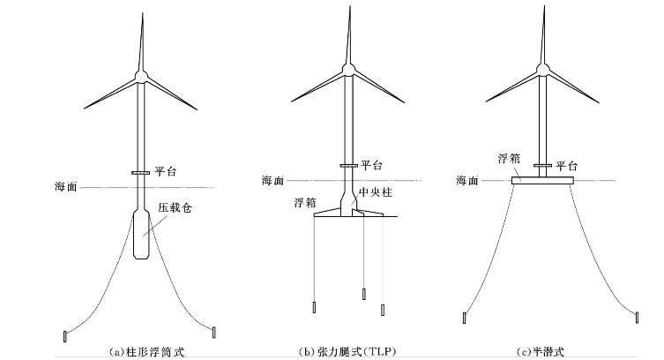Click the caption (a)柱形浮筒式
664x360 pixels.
click(139, 351)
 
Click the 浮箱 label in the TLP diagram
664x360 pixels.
click(303, 202)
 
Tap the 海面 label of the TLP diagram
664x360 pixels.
click(273, 181)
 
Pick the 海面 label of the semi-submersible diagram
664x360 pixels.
click(467, 180)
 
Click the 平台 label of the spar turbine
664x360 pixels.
click(165, 172)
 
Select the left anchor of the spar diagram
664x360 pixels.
click(64, 334)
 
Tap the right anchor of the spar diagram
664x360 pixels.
click(214, 331)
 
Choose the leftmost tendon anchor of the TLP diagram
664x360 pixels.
click(314, 309)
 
